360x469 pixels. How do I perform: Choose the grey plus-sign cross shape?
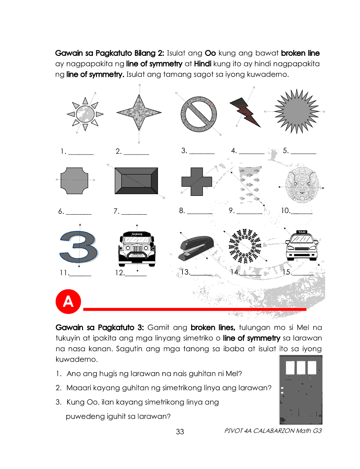(196, 180)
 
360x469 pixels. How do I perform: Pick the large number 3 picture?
(79, 247)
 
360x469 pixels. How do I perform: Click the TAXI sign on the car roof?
(302, 232)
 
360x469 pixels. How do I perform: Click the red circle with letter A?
(68, 302)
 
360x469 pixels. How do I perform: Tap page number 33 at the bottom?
(180, 432)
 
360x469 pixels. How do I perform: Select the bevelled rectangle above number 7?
(135, 180)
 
